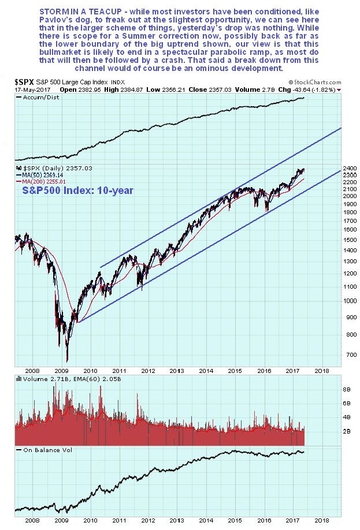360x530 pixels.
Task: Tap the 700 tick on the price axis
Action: pyautogui.click(x=332, y=354)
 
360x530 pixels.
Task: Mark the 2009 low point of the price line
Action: pyautogui.click(x=67, y=361)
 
